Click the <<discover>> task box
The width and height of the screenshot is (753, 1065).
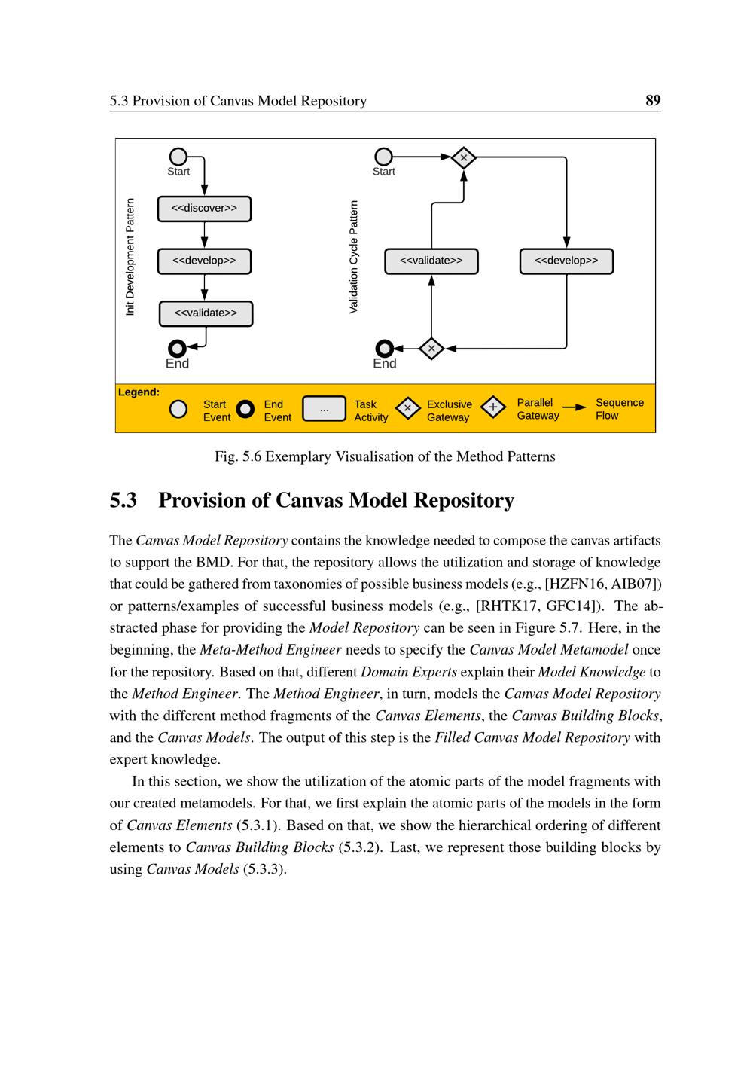[204, 209]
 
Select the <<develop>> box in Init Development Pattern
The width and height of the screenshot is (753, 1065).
[204, 261]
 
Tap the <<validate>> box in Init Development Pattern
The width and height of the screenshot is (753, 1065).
[206, 313]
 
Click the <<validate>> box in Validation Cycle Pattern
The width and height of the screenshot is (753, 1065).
[431, 261]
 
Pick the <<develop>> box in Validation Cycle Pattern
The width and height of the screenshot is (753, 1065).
[566, 261]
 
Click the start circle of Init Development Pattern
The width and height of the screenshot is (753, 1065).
[178, 157]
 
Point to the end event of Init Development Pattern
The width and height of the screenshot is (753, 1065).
[178, 348]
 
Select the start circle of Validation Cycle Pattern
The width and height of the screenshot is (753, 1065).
[384, 157]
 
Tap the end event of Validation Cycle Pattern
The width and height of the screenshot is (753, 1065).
[385, 348]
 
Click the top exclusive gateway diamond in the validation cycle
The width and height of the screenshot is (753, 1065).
[464, 157]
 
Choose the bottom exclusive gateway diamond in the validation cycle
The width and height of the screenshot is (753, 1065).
[431, 348]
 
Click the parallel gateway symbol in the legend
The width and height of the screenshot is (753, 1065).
[492, 408]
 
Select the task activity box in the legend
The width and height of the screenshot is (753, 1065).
[324, 409]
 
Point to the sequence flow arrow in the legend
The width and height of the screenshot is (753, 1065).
[575, 407]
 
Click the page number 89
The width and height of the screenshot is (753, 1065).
[653, 100]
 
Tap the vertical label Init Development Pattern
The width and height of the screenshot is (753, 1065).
[130, 257]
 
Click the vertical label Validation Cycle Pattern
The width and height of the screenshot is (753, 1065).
[354, 257]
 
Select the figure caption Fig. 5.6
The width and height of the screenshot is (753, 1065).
[385, 456]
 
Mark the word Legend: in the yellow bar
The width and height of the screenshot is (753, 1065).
[139, 392]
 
